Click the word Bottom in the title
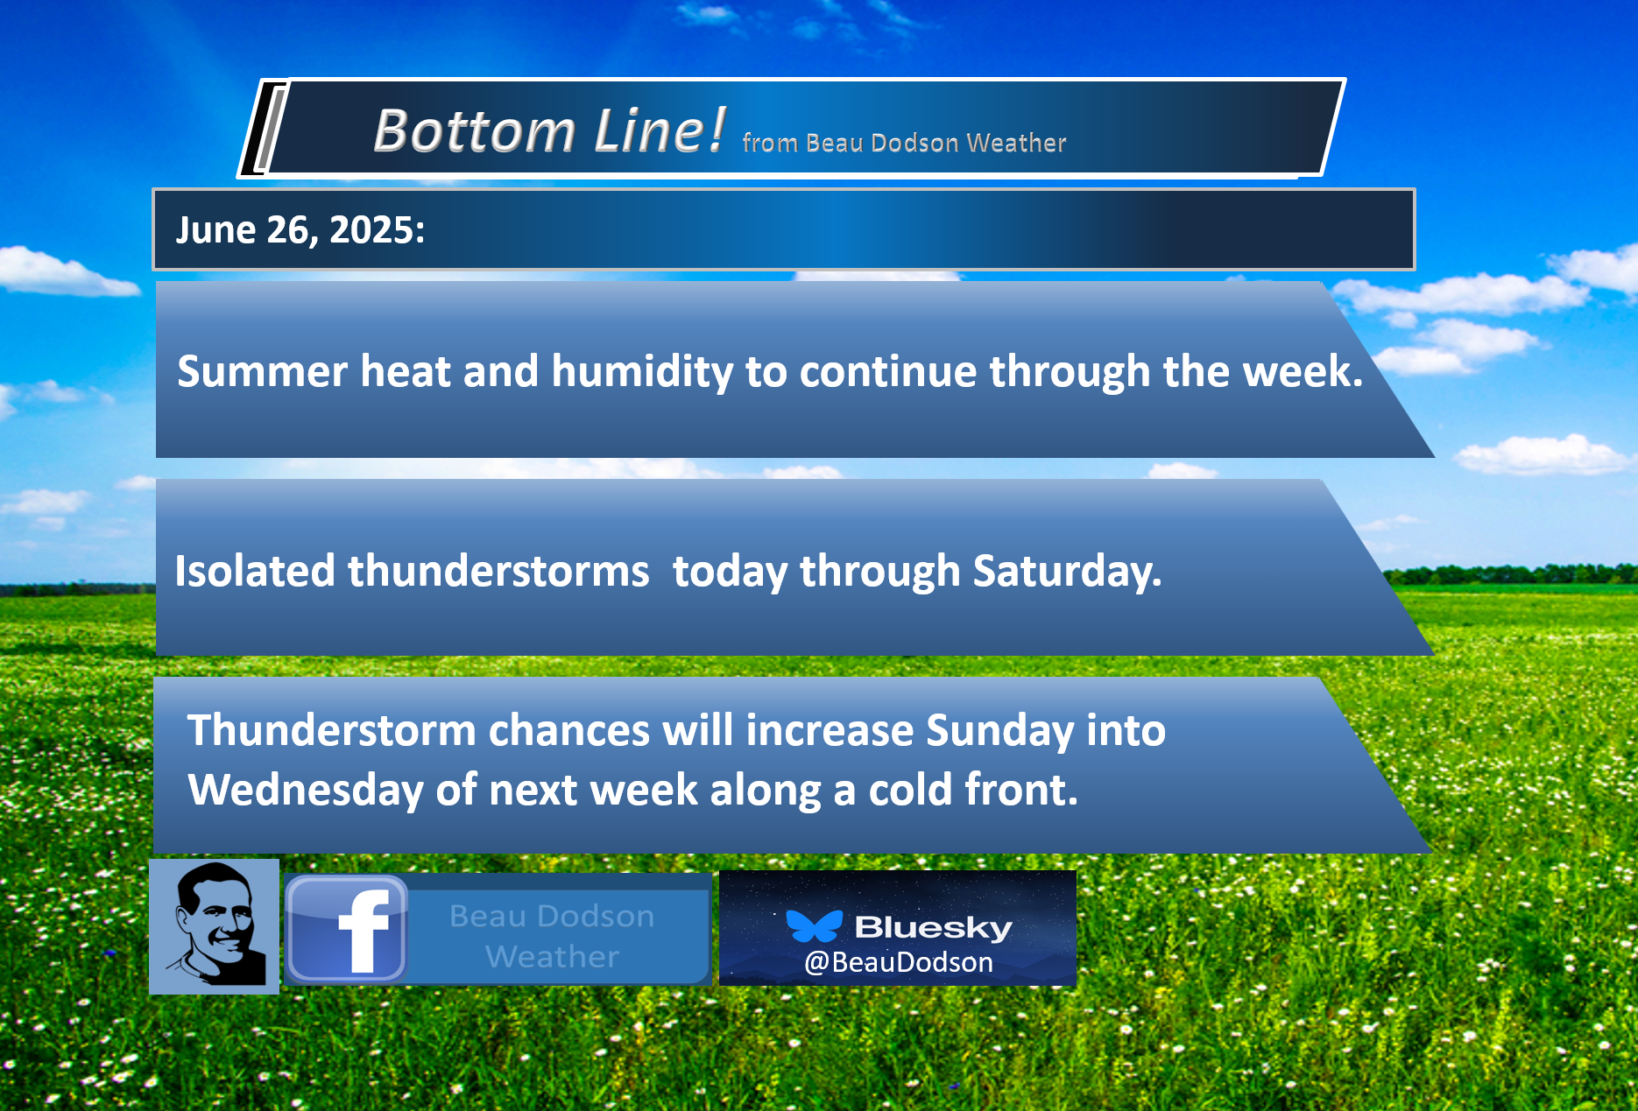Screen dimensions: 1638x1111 [x=474, y=131]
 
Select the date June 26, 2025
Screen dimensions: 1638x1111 [x=300, y=230]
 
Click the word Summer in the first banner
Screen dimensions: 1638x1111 [x=262, y=371]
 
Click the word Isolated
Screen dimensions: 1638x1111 [x=254, y=571]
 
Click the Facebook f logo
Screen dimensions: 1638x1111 [x=347, y=929]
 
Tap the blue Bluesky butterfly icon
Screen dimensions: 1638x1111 [x=814, y=925]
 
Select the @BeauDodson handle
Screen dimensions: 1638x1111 [x=899, y=962]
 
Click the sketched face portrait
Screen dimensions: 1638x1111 [x=215, y=926]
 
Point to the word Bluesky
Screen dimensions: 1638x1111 [x=933, y=927]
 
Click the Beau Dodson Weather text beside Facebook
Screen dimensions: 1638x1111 [x=552, y=936]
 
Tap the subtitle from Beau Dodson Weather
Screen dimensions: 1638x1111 [x=904, y=143]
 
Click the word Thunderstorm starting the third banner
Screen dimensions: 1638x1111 [x=331, y=730]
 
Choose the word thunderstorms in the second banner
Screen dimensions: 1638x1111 [x=498, y=571]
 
